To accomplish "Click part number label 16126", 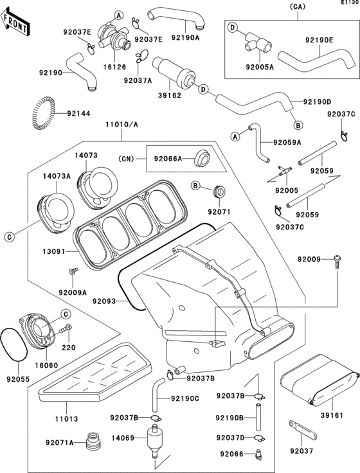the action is pos(116,67).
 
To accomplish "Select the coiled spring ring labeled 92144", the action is pos(44,113).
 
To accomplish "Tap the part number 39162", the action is pos(170,96).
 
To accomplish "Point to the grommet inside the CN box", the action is pos(202,157).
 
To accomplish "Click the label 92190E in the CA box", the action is pos(319,39).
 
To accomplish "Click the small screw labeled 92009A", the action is pos(73,271).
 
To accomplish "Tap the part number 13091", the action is pos(54,251).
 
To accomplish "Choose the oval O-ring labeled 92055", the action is pos(14,344).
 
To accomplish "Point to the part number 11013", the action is pos(66,419).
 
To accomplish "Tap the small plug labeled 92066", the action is pos(258,454).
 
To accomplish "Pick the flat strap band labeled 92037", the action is pos(302,429).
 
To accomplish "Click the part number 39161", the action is pos(332,415).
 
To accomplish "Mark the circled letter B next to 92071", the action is pos(195,186).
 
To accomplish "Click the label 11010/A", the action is pos(122,124).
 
